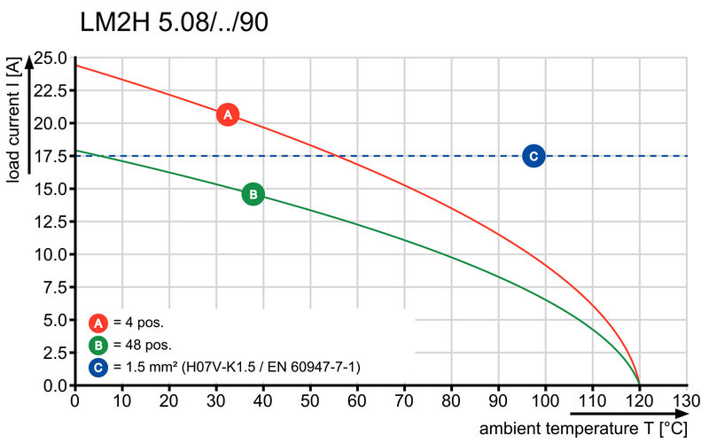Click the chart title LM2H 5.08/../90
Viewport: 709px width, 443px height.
click(x=174, y=22)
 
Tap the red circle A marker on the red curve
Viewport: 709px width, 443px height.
click(x=227, y=114)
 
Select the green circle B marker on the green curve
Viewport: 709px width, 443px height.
click(x=253, y=193)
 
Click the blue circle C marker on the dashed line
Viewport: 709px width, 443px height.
click(x=534, y=156)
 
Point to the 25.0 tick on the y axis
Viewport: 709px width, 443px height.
click(x=50, y=58)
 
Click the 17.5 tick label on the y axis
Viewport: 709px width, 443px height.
click(x=50, y=157)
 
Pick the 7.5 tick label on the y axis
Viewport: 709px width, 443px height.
click(x=53, y=288)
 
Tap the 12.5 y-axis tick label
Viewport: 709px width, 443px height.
click(x=50, y=222)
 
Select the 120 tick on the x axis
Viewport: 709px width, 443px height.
click(x=639, y=400)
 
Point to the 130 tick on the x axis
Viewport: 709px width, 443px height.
click(x=686, y=400)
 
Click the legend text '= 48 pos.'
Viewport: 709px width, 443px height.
click(x=142, y=345)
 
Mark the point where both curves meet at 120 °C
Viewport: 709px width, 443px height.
click(x=639, y=385)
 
